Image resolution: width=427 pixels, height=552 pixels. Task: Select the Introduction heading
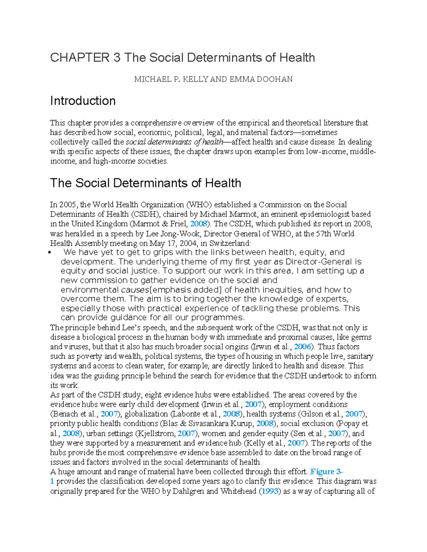[83, 101]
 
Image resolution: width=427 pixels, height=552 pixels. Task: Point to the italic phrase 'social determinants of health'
[174, 142]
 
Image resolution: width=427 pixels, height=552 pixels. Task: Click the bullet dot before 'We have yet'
[52, 253]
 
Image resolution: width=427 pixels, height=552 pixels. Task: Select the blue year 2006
[303, 347]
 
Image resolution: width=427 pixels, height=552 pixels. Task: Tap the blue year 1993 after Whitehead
[269, 491]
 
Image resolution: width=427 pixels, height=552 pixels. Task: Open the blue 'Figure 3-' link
[326, 472]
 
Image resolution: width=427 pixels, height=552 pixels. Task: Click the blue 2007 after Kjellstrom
[186, 433]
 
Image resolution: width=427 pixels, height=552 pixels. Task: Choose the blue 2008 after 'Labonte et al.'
[231, 414]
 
